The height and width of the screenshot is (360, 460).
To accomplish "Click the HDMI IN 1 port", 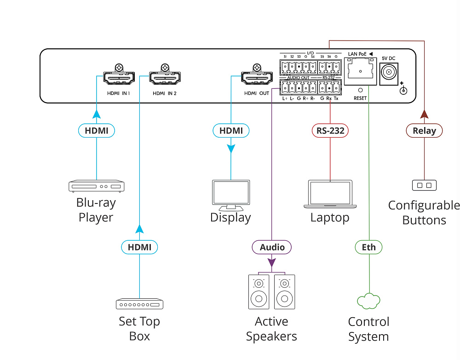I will [x=119, y=79].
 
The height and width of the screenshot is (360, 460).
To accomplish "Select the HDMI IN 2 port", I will [x=165, y=79].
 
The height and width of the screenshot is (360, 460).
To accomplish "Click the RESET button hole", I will [x=360, y=91].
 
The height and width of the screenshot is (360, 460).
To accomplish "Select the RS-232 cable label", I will [x=330, y=131].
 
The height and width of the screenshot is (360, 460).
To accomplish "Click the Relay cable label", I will [x=424, y=131].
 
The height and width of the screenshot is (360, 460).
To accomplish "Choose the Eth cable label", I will [x=368, y=247].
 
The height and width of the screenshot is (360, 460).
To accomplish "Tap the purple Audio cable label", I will [x=272, y=247].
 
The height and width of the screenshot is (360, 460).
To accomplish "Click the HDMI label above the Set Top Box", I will [x=139, y=247].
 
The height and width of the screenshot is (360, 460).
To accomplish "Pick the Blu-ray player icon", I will [x=97, y=186].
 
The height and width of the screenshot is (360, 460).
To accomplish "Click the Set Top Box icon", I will [x=139, y=304].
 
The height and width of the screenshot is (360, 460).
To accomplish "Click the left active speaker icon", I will [x=259, y=292].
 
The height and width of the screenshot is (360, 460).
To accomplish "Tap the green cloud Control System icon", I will [x=368, y=301].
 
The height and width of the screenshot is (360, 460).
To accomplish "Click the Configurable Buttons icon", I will [x=424, y=186].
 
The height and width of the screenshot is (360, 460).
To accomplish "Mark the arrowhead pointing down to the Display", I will [x=231, y=148].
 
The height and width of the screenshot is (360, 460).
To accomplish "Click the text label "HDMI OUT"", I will [x=257, y=93].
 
